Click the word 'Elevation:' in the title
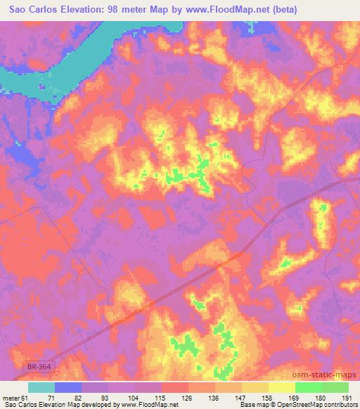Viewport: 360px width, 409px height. (x=88, y=9)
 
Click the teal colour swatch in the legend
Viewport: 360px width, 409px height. (x=41, y=387)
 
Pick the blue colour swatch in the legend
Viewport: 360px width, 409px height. (x=68, y=387)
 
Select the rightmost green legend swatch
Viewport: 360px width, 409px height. (x=335, y=387)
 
